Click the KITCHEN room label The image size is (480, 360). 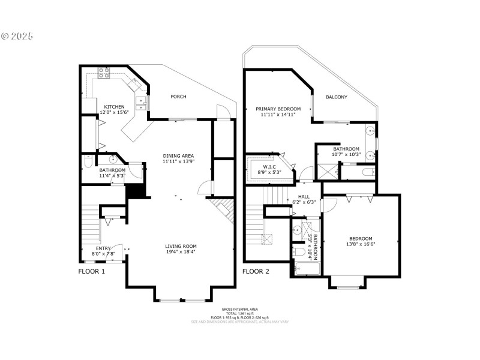point(115,107)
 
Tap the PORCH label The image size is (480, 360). point(178,97)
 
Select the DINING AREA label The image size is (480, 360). point(178,156)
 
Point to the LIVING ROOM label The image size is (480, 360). point(181,245)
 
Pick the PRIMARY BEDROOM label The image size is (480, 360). point(278,109)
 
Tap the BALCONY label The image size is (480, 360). point(337,97)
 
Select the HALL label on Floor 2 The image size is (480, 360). point(304,196)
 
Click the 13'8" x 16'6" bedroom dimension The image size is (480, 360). point(361,244)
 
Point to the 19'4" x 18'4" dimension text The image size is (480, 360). point(181,251)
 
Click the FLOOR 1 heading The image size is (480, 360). point(92,271)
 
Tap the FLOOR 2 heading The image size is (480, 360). point(256,271)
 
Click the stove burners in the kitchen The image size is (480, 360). point(103,73)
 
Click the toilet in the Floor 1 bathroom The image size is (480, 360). point(88,161)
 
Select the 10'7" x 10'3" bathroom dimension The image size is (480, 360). point(346,155)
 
